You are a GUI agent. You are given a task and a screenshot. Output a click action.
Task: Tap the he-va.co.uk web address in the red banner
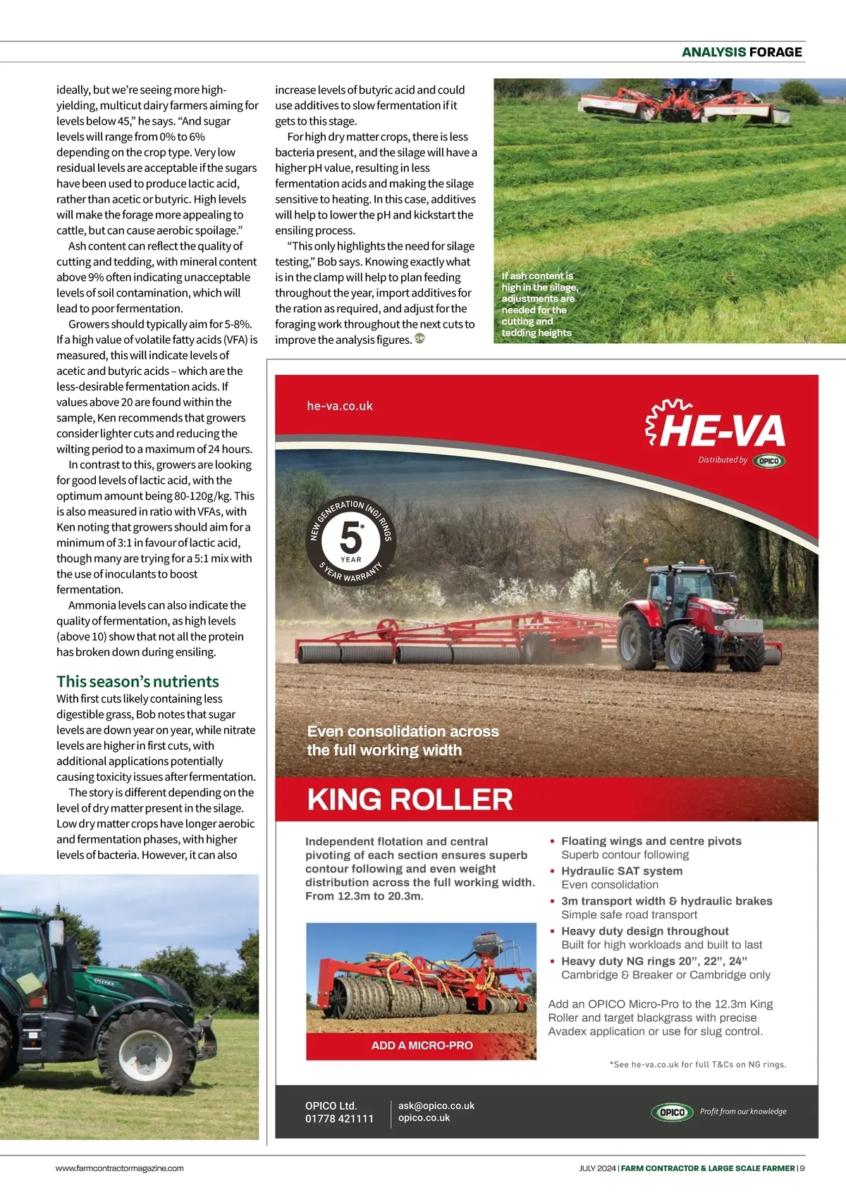[x=340, y=406]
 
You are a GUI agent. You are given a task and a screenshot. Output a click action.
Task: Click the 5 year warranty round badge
[x=350, y=541]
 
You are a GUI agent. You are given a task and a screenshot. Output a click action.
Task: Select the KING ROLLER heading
[x=410, y=799]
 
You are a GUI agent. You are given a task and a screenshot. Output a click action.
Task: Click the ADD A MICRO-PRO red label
[x=422, y=1046]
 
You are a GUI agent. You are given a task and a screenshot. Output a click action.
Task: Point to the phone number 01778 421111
[x=339, y=1118]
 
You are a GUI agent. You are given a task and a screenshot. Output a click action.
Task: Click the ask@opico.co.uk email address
[x=436, y=1106]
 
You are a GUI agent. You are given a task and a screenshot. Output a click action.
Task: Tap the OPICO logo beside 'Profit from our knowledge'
[x=671, y=1112]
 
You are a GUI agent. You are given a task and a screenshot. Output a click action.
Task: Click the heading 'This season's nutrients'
[x=137, y=681]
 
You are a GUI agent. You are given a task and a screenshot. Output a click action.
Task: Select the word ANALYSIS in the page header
[x=713, y=52]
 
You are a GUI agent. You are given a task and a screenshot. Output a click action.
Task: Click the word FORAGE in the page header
[x=775, y=52]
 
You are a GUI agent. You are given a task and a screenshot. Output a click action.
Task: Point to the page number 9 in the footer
[x=802, y=1168]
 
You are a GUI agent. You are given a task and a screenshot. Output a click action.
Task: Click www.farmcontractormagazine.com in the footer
[x=120, y=1168]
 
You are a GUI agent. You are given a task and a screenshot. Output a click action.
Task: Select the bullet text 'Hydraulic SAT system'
[x=622, y=871]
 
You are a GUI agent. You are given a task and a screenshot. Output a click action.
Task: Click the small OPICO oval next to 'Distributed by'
[x=768, y=461]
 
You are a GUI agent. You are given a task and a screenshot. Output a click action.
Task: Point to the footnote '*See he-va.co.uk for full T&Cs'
[x=698, y=1065]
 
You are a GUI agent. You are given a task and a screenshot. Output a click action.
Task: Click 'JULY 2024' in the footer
[x=597, y=1168]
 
